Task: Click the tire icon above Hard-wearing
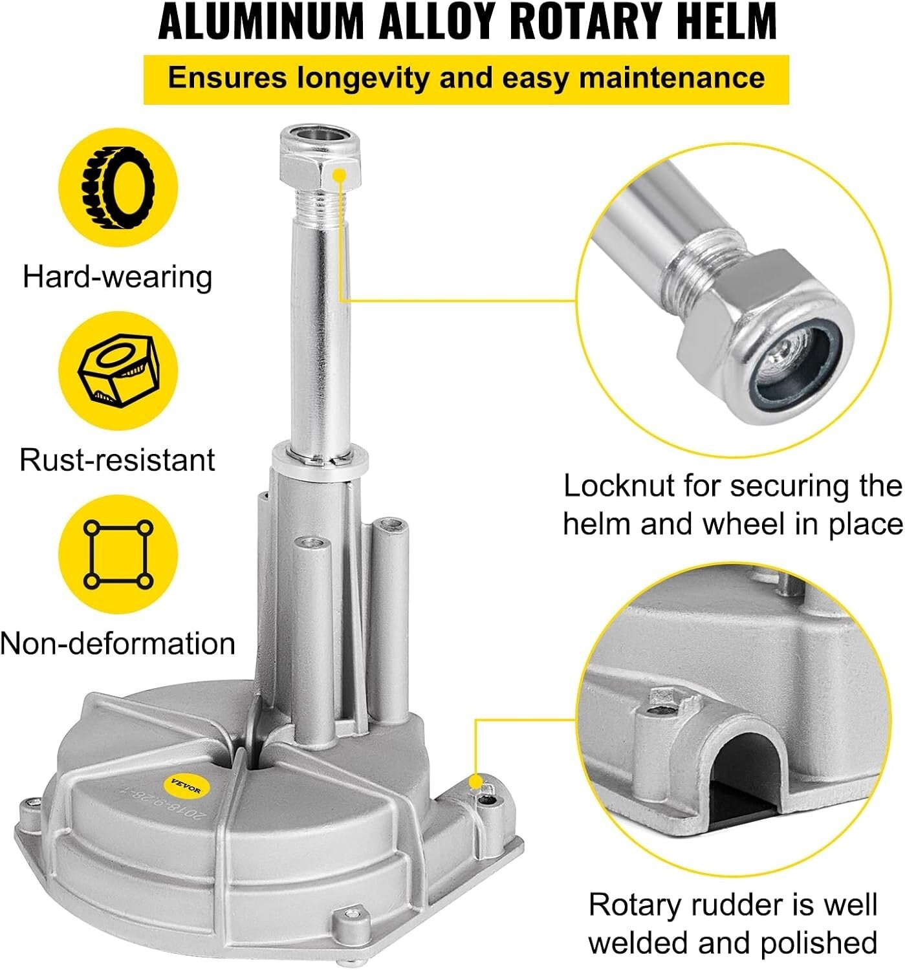coord(118,188)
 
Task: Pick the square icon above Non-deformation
coord(118,554)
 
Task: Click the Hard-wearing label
coord(117,277)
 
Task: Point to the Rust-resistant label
coord(117,460)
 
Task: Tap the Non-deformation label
coord(118,644)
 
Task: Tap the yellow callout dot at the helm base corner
coord(477,781)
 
